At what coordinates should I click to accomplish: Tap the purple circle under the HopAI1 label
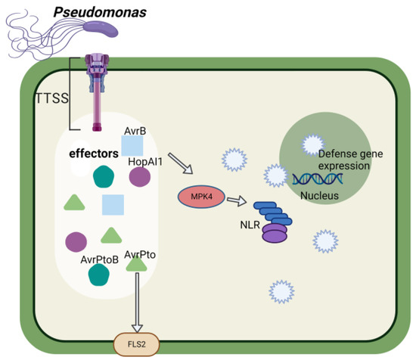(140, 178)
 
